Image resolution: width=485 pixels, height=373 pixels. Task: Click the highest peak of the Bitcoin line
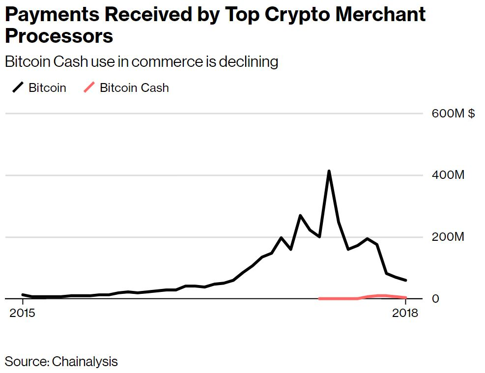click(329, 171)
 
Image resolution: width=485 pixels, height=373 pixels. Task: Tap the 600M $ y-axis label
click(453, 114)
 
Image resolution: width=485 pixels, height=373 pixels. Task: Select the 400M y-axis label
click(448, 175)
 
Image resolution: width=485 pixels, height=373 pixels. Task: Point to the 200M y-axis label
click(448, 237)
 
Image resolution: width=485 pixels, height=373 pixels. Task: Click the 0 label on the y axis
click(435, 299)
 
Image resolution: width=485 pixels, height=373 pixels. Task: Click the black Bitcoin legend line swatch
click(18, 88)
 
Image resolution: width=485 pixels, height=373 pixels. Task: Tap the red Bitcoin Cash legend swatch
click(89, 88)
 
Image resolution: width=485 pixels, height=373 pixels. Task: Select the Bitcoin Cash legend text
click(134, 88)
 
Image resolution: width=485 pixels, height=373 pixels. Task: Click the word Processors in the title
click(59, 36)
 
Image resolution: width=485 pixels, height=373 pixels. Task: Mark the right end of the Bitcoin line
click(405, 280)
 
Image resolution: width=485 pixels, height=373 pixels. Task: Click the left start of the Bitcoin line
click(23, 294)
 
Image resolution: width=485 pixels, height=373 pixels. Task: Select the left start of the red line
click(319, 298)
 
